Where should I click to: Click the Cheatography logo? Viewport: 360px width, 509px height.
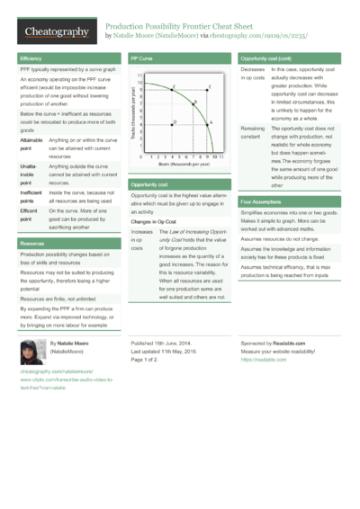tap(55, 32)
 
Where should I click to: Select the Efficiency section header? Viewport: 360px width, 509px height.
tap(31, 58)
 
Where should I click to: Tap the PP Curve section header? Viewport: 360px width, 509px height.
tap(140, 58)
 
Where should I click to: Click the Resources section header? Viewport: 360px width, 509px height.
tap(32, 244)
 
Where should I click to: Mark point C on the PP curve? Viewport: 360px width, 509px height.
tap(174, 88)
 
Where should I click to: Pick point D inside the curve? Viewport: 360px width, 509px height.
tap(174, 121)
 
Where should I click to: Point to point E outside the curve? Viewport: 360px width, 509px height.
tap(209, 88)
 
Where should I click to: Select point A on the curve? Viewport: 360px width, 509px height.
tap(209, 121)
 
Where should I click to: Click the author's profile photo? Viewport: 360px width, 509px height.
tap(33, 352)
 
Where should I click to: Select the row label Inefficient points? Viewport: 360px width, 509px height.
tap(31, 196)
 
